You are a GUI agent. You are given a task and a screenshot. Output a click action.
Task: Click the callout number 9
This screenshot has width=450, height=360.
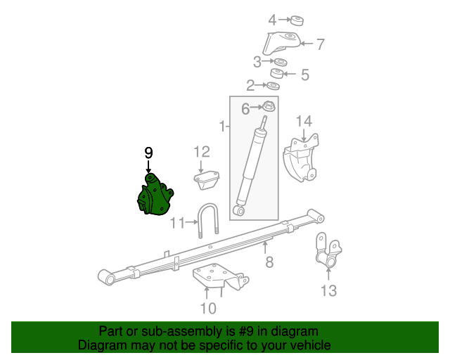tap(148, 153)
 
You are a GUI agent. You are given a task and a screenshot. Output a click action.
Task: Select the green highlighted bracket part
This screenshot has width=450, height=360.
tap(155, 198)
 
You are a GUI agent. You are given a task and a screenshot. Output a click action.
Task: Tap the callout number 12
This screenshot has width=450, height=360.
tap(202, 151)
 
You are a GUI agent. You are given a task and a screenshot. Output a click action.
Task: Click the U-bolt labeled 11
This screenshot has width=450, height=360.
tap(208, 219)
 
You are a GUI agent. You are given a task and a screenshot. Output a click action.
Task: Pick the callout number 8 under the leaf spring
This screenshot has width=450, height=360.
tap(269, 262)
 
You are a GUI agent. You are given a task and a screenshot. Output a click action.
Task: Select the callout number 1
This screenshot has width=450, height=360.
tap(222, 127)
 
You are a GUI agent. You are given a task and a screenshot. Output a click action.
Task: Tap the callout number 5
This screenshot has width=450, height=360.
tap(304, 74)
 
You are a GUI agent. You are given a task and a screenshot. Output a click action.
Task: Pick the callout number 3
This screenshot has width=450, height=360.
tap(257, 61)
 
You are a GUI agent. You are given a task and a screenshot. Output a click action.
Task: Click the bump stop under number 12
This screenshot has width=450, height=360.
tap(207, 180)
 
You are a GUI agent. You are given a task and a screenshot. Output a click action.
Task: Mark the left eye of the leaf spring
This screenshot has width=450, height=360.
tap(108, 279)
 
